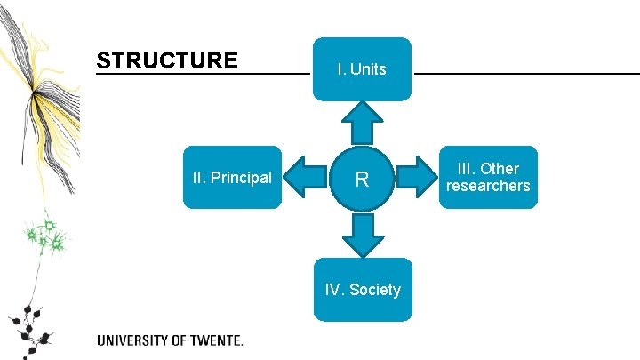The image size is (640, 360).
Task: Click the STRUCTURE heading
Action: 167,60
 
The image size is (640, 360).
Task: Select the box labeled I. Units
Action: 362,68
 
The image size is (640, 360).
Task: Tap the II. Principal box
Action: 232,177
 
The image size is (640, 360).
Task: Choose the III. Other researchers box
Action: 488,177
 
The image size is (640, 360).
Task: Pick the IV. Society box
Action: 362,289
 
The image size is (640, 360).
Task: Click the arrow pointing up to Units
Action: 362,121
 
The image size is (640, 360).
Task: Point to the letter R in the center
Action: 362,180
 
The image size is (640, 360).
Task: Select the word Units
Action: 368,68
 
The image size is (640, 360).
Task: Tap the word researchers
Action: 488,186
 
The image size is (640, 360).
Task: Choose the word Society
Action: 375,289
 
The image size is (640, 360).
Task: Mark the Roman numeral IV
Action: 333,289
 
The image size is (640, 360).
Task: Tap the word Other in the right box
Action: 500,169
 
